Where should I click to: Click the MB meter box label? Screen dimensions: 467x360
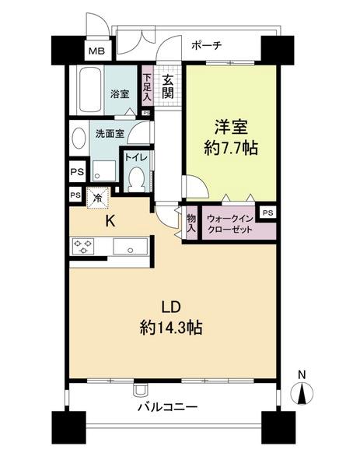[96, 52]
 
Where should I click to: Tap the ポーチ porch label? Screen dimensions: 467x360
[206, 45]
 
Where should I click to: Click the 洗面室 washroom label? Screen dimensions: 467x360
[110, 133]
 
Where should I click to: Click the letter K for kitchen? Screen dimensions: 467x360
[110, 220]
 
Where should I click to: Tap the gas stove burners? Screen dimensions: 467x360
[83, 247]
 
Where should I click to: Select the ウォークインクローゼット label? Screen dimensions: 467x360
[229, 225]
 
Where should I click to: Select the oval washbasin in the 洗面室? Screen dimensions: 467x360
[79, 139]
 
